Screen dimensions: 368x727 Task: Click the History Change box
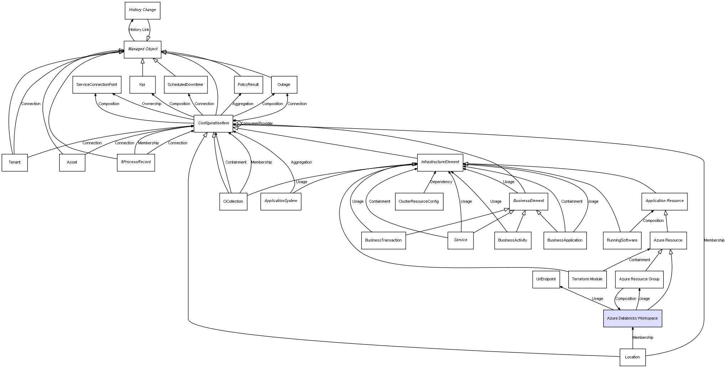[142, 10]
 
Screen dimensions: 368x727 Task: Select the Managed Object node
[143, 49]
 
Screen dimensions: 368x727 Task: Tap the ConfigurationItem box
[213, 123]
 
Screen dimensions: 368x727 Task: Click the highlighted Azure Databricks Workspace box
[632, 318]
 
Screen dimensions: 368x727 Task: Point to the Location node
[632, 357]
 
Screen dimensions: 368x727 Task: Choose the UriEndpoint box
[546, 279]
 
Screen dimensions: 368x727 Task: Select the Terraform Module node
[587, 279]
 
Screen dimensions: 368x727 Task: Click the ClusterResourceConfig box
[419, 202]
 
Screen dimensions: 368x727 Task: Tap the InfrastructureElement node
[440, 162]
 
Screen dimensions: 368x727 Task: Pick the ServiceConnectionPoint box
[97, 85]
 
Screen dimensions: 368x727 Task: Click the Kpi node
[142, 85]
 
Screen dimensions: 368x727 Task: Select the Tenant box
[15, 162]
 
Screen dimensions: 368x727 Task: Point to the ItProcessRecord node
[135, 162]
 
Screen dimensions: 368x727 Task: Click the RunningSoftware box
[622, 240]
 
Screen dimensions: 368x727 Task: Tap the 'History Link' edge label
[139, 30]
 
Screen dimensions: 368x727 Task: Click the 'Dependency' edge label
[441, 182]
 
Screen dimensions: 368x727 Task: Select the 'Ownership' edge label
[152, 104]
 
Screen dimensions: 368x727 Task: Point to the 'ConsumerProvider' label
[257, 124]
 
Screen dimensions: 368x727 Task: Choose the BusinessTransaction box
[383, 240]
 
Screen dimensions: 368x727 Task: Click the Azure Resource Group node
[639, 279]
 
